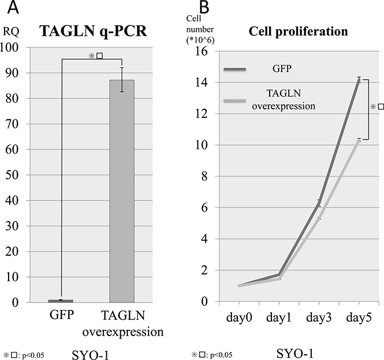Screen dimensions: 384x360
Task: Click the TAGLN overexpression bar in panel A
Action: [x=122, y=191]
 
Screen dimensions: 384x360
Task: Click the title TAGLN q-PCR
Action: [x=93, y=32]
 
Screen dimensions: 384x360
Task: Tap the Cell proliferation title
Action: [x=298, y=32]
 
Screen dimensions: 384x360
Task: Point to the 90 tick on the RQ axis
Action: [x=12, y=73]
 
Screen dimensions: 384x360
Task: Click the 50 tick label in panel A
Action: [x=12, y=175]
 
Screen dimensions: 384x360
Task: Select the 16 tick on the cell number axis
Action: [x=201, y=51]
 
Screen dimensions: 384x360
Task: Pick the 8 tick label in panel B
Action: [x=204, y=177]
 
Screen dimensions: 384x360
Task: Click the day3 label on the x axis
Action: [x=319, y=318]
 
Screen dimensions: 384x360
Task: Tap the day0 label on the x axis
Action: [x=239, y=318]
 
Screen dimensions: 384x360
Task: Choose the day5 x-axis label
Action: [x=359, y=318]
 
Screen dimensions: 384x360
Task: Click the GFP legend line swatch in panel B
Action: [x=234, y=69]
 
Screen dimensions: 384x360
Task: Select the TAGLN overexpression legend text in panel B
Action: [x=284, y=100]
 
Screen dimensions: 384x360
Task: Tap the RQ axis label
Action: [x=11, y=32]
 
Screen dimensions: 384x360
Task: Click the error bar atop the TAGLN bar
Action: [x=122, y=80]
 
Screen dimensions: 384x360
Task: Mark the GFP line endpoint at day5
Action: [x=359, y=79]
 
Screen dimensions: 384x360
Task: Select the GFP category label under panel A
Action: [x=61, y=315]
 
